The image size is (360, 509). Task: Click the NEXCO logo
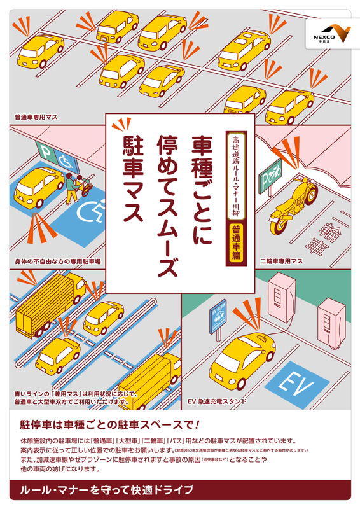332,34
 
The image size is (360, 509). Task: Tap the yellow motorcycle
293,202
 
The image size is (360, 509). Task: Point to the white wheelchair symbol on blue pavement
91,209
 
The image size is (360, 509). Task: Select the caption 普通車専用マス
36,117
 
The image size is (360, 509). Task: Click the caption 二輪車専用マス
281,261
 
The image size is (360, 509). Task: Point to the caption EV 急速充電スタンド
217,401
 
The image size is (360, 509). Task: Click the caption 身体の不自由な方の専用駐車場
58,261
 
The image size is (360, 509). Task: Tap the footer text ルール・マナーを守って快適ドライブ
107,489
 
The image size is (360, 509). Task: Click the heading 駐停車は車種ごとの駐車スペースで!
110,424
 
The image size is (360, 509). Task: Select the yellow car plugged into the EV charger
242,361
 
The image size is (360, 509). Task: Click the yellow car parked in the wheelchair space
39,187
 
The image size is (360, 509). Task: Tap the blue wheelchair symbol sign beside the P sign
67,160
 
